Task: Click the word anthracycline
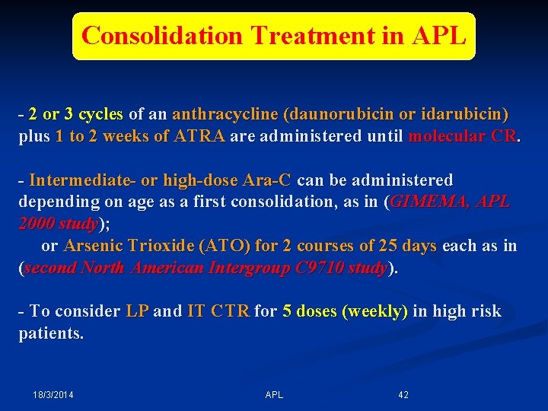pyautogui.click(x=225, y=115)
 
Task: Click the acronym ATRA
pyautogui.click(x=199, y=137)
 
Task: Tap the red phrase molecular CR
pyautogui.click(x=463, y=137)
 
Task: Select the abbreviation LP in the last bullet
pyautogui.click(x=137, y=311)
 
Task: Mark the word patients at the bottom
pyautogui.click(x=51, y=333)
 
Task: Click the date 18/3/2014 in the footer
pyautogui.click(x=53, y=395)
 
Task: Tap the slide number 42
pyautogui.click(x=403, y=395)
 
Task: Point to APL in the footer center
pyautogui.click(x=274, y=395)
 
